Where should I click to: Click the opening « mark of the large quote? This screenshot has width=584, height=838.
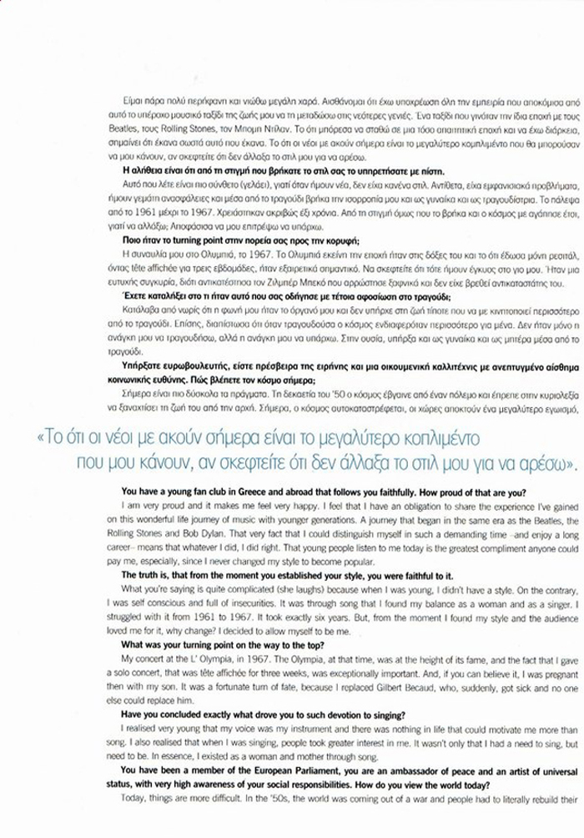pyautogui.click(x=41, y=437)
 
